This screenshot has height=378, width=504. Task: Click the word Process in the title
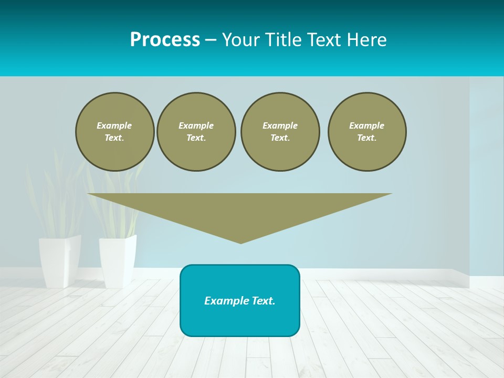(165, 40)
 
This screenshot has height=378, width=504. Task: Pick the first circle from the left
(114, 132)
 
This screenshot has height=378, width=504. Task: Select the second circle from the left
(196, 132)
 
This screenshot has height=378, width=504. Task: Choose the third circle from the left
(280, 132)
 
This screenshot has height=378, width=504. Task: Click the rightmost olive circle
(366, 132)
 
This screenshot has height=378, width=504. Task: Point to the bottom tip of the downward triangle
(240, 243)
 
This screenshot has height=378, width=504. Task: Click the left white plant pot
(59, 261)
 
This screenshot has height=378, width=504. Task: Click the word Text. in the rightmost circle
(366, 138)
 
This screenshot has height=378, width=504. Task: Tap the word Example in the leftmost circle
(114, 125)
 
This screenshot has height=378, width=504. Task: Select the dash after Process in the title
(211, 40)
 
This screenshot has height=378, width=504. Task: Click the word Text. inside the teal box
(264, 301)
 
